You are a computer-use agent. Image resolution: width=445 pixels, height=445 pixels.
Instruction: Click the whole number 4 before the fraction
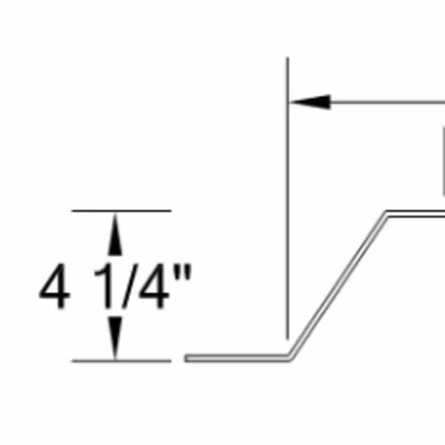click(x=55, y=287)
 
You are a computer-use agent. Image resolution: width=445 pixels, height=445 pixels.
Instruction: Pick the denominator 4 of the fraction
click(x=154, y=287)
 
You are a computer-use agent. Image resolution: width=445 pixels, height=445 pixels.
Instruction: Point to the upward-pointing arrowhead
click(x=115, y=234)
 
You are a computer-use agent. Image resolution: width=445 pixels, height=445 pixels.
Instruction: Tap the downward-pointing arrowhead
click(x=115, y=337)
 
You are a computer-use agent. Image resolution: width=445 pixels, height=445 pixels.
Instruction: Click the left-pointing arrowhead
click(x=310, y=102)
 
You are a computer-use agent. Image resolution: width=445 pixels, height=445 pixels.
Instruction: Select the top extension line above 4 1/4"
click(x=121, y=211)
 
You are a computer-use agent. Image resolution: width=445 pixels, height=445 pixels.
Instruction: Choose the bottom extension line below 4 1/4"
click(x=121, y=361)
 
